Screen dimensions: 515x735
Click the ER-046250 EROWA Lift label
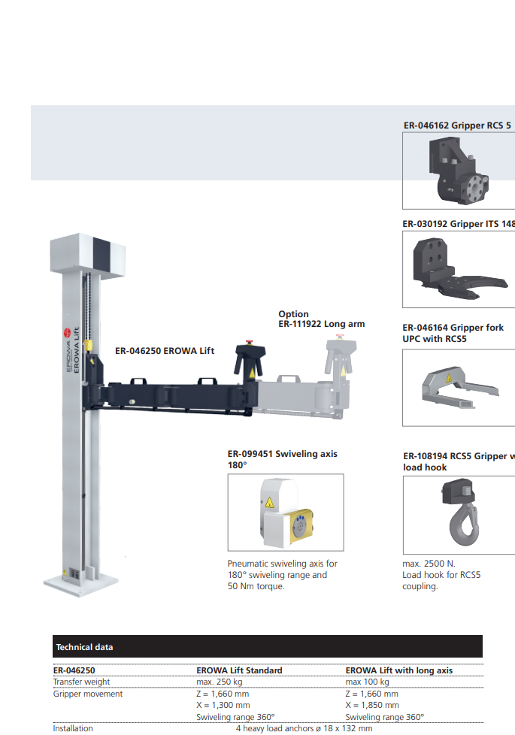(x=165, y=351)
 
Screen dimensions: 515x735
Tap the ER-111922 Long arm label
(x=321, y=324)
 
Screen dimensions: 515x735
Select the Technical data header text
(x=84, y=647)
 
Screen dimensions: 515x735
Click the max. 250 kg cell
(x=219, y=682)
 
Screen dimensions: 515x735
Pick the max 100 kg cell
(x=367, y=682)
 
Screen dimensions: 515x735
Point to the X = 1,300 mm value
(x=223, y=705)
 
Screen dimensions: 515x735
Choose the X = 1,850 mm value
(x=372, y=705)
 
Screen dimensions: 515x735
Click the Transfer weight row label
(x=81, y=682)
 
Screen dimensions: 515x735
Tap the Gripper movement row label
(x=87, y=694)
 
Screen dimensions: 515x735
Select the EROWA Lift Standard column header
(x=239, y=670)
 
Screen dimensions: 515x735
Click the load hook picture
(x=462, y=512)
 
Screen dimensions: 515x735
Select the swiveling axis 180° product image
(x=286, y=513)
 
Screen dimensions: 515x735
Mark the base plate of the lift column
(x=80, y=584)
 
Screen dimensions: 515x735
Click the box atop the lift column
(x=87, y=256)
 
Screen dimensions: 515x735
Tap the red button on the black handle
(x=249, y=342)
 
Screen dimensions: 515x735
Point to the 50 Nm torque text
(x=256, y=586)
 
